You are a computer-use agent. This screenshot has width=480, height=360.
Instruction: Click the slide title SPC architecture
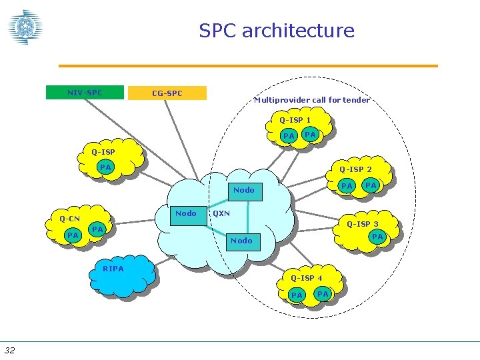point(277,31)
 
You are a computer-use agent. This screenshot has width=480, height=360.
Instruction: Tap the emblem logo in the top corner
point(25,27)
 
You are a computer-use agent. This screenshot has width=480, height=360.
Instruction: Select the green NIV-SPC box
point(85,93)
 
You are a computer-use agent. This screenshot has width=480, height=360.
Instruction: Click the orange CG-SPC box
point(167,93)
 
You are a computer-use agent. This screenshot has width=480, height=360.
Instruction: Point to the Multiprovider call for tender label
point(312,100)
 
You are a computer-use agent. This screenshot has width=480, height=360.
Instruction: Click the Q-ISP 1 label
point(295,120)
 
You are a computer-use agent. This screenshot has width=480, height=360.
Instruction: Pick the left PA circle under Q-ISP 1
point(289,136)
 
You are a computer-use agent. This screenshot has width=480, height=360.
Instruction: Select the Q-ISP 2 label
point(355,169)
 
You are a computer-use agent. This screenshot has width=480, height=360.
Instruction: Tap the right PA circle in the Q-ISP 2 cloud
point(371,185)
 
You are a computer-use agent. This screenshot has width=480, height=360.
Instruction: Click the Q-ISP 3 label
point(362,224)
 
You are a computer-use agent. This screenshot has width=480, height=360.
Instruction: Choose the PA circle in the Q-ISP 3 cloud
point(377,237)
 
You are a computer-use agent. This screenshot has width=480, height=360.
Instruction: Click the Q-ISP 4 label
point(306,278)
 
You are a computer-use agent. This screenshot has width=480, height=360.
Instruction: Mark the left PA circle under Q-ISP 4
point(297,295)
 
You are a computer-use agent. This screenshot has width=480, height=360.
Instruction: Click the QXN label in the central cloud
point(221,214)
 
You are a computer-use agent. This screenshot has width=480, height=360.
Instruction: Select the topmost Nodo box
point(244,191)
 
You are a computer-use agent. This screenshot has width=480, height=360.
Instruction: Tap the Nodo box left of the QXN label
point(185,214)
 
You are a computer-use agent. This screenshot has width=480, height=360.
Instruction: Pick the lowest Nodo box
point(241,241)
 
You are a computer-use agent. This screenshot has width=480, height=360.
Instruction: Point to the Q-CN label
point(69,219)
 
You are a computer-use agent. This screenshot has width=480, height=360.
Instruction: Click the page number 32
point(11,350)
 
